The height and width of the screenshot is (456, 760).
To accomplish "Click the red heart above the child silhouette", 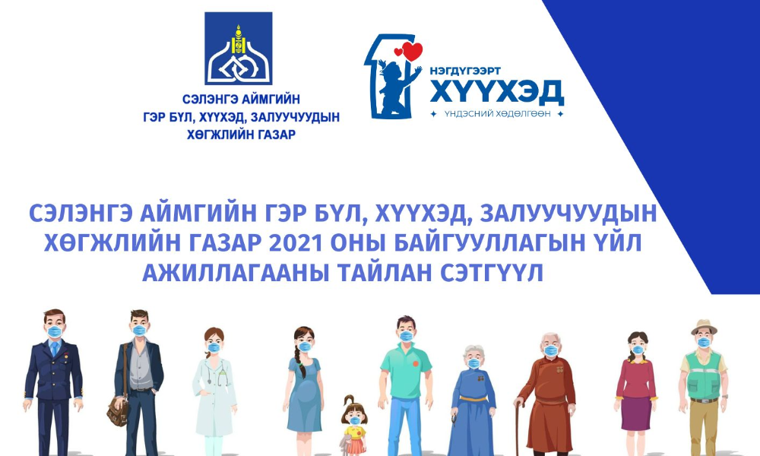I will (x=411, y=52).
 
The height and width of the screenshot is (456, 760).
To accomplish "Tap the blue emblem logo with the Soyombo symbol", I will (x=237, y=47).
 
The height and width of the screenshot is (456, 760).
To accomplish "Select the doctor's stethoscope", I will (x=221, y=372).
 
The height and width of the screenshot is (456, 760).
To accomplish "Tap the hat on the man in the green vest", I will (x=704, y=326).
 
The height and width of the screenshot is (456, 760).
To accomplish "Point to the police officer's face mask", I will (x=54, y=332).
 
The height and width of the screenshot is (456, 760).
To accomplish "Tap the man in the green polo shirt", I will (x=405, y=380).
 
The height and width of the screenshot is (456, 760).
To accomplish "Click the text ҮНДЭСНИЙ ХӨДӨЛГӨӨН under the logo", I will (x=497, y=114).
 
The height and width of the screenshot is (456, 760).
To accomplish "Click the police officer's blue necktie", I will (x=54, y=349).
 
